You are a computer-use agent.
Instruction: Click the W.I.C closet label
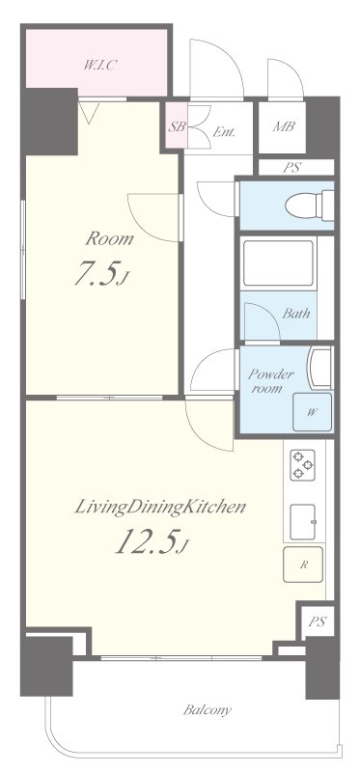(x=99, y=65)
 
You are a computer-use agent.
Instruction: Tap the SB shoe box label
(x=176, y=126)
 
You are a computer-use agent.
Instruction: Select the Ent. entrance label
(x=224, y=132)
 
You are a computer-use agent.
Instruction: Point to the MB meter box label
(x=284, y=126)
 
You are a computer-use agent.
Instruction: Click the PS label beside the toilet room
(x=291, y=167)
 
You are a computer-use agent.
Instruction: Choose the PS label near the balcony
(x=318, y=621)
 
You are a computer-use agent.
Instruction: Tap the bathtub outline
(x=278, y=262)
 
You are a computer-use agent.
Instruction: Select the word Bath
(x=295, y=313)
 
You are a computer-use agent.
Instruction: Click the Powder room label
(x=270, y=380)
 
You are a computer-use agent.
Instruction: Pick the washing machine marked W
(x=313, y=412)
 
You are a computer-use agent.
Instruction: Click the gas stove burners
(x=302, y=465)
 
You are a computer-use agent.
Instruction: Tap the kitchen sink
(x=302, y=522)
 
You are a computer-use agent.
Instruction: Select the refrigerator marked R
(x=303, y=565)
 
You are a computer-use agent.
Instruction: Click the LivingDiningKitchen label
(x=159, y=508)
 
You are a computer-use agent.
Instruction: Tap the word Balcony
(x=208, y=710)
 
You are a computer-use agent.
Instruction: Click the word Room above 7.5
(x=109, y=239)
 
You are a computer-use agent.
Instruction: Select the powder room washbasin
(x=319, y=369)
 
